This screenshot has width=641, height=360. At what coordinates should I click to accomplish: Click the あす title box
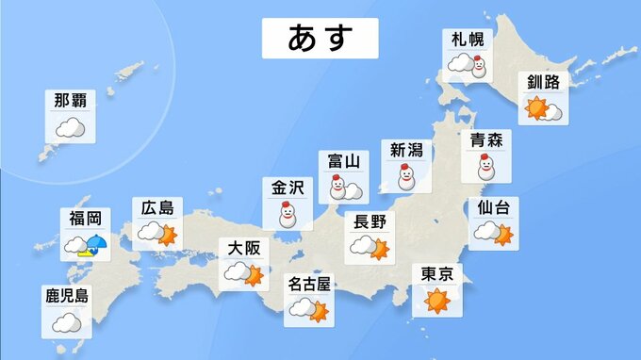click(320, 39)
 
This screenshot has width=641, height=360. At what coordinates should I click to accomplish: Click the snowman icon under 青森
click(486, 168)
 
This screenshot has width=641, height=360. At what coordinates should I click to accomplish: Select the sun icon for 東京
click(437, 301)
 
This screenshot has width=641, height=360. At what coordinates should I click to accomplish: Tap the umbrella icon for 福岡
click(95, 247)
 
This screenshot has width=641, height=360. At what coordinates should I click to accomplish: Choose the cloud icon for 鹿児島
click(67, 323)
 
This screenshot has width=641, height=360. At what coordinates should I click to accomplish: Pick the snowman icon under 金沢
click(288, 216)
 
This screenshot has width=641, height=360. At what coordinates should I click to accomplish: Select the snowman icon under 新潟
click(406, 176)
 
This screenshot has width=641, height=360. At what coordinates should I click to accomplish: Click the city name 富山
click(343, 162)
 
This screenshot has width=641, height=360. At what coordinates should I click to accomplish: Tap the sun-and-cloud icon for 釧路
click(543, 109)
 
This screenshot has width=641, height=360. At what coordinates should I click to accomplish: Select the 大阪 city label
click(243, 249)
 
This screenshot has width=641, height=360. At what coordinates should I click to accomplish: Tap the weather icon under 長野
click(369, 248)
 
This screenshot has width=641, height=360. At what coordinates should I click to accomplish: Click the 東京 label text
click(437, 275)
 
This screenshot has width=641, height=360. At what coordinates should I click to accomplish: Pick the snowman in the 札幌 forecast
click(480, 67)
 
